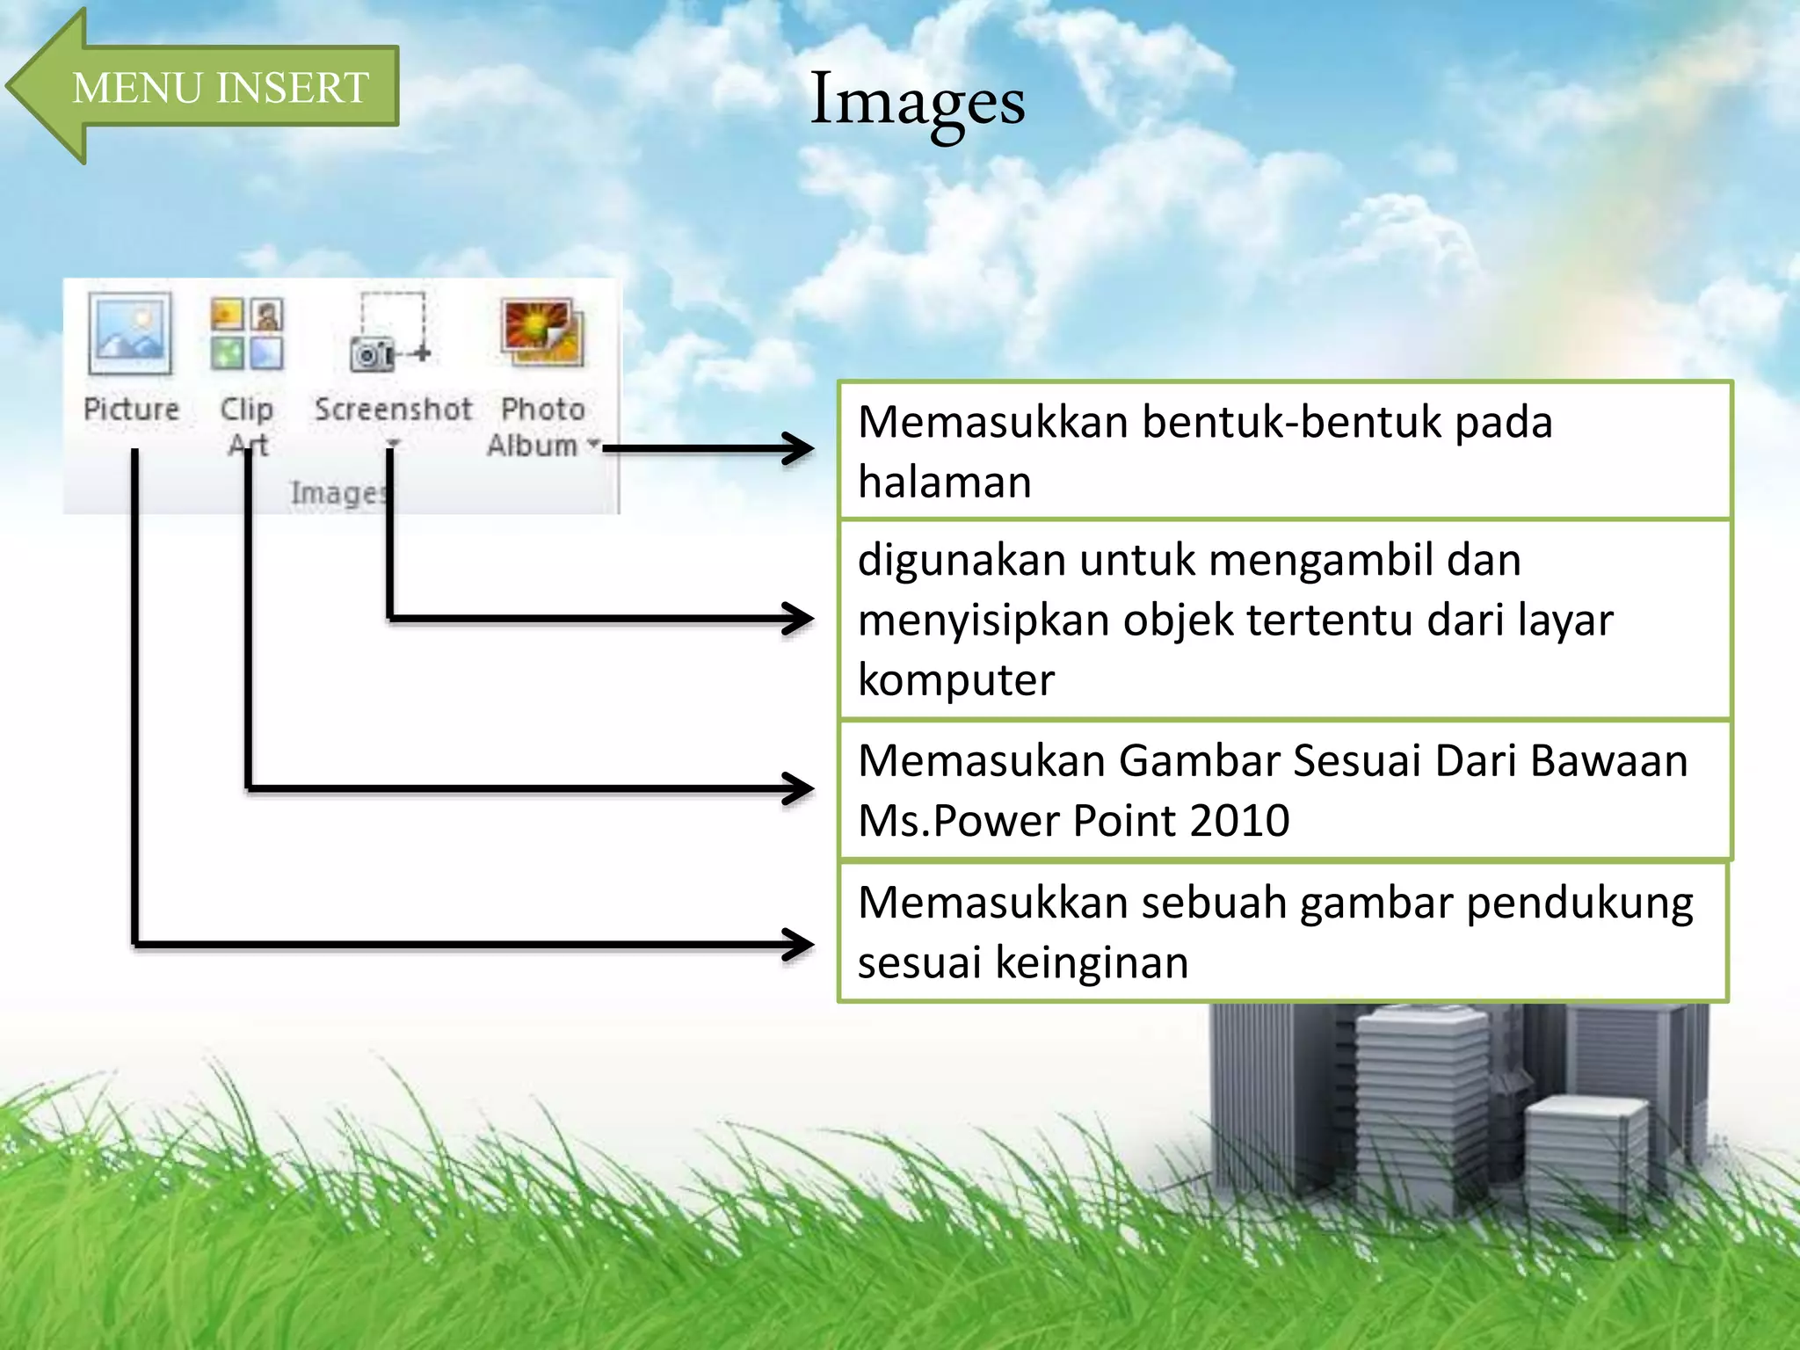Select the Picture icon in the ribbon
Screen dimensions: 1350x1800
click(x=130, y=335)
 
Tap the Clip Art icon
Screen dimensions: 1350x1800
click(x=247, y=334)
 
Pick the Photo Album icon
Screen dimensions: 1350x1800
click(x=542, y=331)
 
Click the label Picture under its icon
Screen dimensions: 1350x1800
click(x=131, y=410)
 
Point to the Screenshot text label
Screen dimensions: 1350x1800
click(x=393, y=410)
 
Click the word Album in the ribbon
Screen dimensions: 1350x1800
click(x=533, y=446)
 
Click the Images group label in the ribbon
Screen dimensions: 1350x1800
click(x=338, y=493)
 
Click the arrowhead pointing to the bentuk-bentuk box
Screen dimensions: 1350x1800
click(x=798, y=448)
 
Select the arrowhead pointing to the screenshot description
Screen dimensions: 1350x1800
click(x=798, y=618)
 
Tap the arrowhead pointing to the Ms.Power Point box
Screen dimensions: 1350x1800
click(x=798, y=788)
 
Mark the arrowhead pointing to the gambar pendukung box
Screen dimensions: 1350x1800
click(x=798, y=945)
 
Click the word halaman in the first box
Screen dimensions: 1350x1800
click(x=944, y=483)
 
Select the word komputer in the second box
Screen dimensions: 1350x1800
click(x=955, y=680)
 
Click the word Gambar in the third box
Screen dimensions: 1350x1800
click(x=1199, y=761)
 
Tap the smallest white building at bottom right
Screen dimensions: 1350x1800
click(x=1586, y=1160)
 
